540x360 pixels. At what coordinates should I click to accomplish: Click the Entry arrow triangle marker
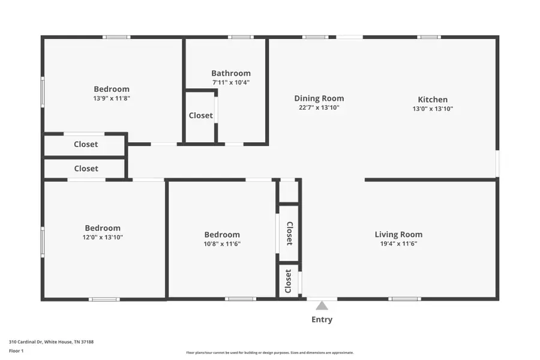(322, 306)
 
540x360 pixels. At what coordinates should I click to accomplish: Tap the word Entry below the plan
(322, 320)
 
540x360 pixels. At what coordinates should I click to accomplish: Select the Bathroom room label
(231, 73)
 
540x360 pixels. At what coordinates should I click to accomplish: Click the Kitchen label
(433, 100)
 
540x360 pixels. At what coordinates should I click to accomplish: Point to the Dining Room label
(319, 98)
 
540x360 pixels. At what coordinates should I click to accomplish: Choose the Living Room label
(398, 235)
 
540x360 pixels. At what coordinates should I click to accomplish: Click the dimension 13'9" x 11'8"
(112, 98)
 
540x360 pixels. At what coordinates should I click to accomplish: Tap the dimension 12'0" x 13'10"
(103, 238)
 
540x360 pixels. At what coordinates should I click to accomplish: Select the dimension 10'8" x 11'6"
(222, 244)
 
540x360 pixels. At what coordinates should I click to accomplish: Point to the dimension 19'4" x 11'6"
(398, 244)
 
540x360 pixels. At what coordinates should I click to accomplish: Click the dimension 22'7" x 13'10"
(319, 108)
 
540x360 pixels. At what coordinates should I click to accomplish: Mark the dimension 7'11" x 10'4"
(231, 82)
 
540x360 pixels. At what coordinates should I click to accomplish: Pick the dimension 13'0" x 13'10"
(433, 109)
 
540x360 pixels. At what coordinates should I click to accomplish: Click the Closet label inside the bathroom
(201, 116)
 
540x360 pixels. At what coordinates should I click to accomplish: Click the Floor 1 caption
(16, 350)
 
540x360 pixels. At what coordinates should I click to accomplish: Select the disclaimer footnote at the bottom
(270, 353)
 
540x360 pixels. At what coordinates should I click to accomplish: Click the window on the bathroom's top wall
(241, 37)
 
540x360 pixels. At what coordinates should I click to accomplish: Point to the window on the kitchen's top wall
(429, 37)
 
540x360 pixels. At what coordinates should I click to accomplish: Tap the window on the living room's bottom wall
(404, 299)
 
